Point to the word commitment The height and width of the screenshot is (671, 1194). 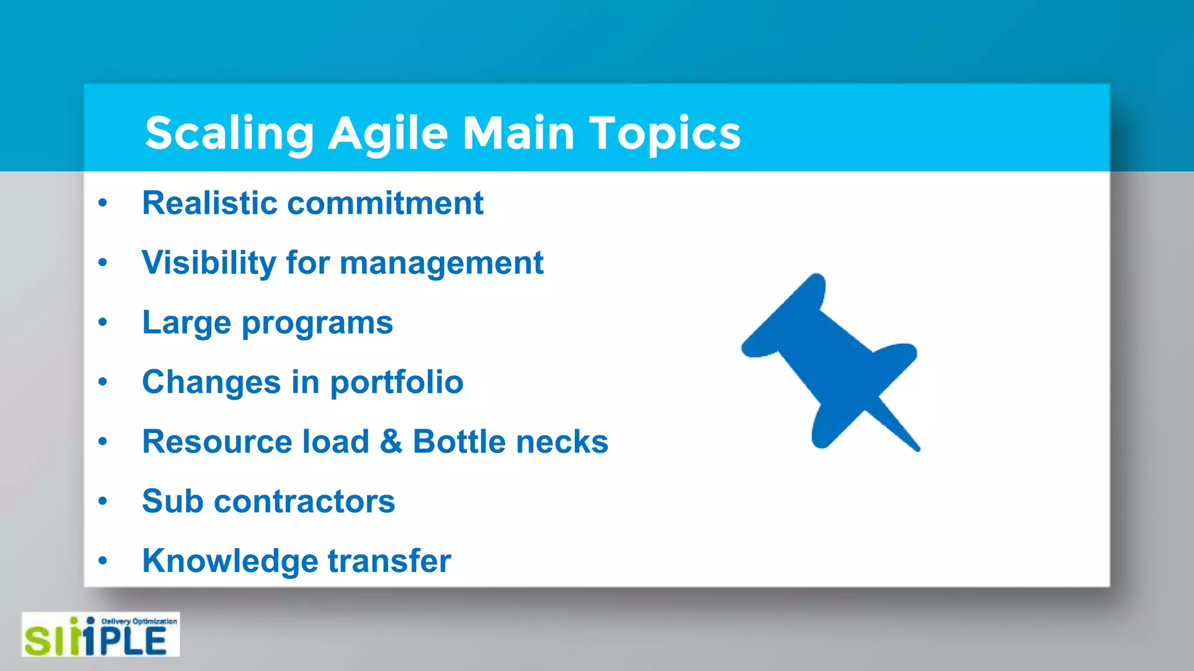tap(385, 203)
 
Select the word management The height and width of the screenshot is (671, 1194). tap(441, 264)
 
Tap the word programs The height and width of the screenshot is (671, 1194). tap(317, 324)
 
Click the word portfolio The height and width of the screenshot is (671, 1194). tap(396, 383)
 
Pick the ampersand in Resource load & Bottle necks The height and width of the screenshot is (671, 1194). tap(391, 442)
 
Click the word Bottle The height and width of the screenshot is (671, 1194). tap(459, 442)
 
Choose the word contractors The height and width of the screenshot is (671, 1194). tap(304, 502)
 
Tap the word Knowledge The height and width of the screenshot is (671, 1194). tap(230, 561)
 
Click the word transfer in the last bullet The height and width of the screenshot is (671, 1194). tap(389, 561)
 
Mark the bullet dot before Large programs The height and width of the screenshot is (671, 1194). tap(103, 322)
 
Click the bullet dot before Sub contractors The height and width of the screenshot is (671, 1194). tap(103, 501)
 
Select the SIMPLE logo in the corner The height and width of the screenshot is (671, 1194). tap(100, 635)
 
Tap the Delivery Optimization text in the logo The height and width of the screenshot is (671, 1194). tap(139, 621)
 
